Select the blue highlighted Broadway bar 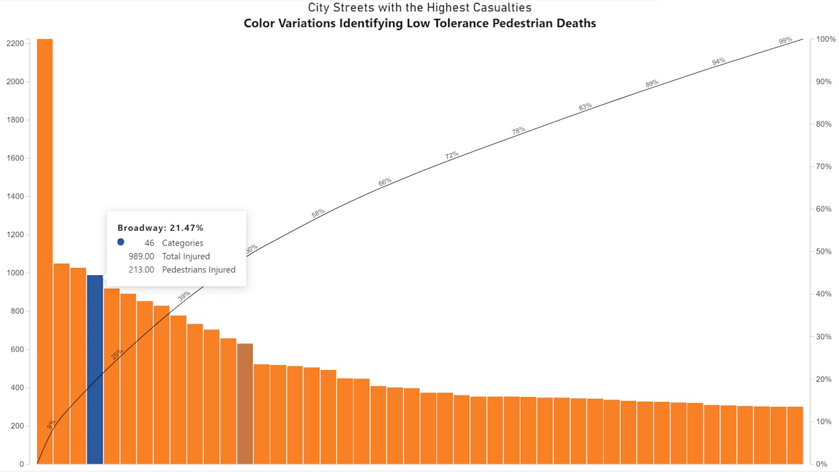[95, 369]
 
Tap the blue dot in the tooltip [121, 242]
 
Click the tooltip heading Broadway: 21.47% [160, 228]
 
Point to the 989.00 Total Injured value [141, 256]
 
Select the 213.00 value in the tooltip [141, 270]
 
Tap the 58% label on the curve [318, 213]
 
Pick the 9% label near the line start [52, 423]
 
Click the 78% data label [518, 131]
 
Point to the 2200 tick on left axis [15, 44]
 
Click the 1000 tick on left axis [15, 273]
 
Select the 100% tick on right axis [822, 39]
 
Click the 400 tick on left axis [17, 388]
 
